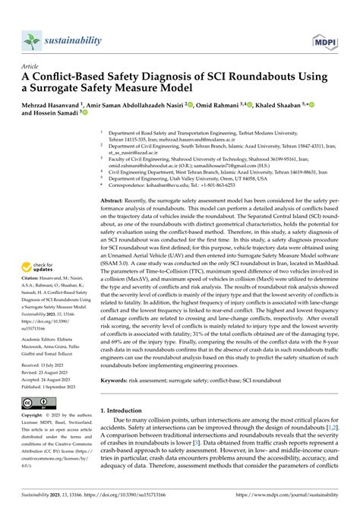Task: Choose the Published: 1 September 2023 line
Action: point(52,382)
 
